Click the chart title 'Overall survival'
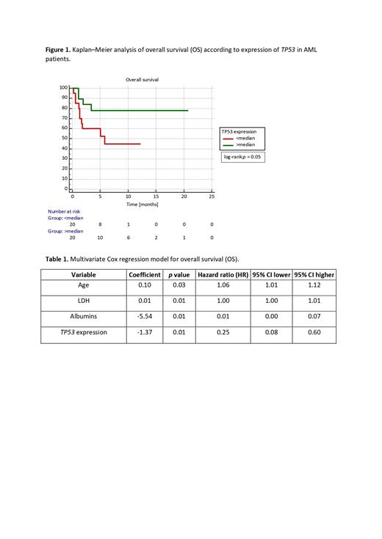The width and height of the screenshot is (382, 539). click(143, 79)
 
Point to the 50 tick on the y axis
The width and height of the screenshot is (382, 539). click(64, 138)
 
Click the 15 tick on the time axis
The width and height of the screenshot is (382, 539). click(156, 197)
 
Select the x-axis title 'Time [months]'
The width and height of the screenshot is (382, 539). click(143, 205)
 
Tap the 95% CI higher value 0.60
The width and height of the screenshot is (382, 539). click(314, 332)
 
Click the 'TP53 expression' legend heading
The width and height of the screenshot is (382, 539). click(242, 131)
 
